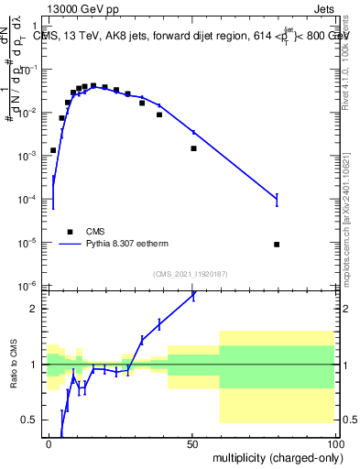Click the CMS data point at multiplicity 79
coord(277,245)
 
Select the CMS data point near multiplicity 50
coord(193,148)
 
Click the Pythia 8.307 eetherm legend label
coord(123,245)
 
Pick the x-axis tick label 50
coord(193,443)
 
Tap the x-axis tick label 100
coord(335,443)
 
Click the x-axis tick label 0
coord(49,443)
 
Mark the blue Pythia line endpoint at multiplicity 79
coord(277,199)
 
